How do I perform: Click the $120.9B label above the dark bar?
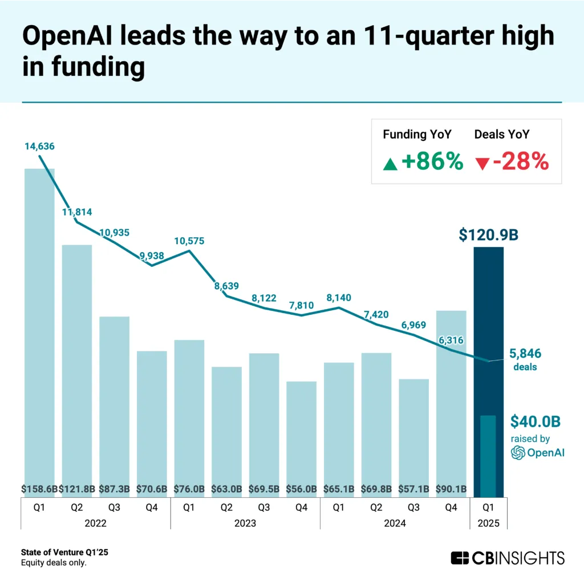click(x=488, y=234)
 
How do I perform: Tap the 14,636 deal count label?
click(x=39, y=146)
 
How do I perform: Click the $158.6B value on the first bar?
click(x=39, y=488)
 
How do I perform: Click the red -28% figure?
click(x=520, y=162)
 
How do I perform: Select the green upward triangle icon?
click(x=390, y=164)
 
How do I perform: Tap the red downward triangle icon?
click(x=481, y=164)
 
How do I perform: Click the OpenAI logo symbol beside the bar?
click(x=517, y=453)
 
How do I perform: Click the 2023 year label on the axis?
click(x=245, y=522)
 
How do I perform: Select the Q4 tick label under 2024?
click(x=451, y=505)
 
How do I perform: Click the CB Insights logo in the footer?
click(x=507, y=557)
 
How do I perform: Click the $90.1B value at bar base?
click(x=451, y=488)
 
